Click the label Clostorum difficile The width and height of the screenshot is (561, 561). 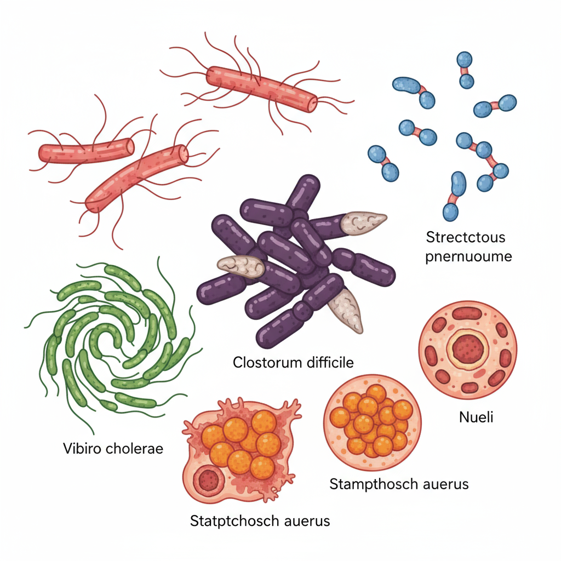pyautogui.click(x=293, y=362)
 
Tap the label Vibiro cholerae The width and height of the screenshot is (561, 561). pyautogui.click(x=113, y=449)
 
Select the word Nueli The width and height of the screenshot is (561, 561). pyautogui.click(x=476, y=417)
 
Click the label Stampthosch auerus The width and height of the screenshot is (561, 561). pyautogui.click(x=399, y=484)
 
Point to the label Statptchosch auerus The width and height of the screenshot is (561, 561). pyautogui.click(x=260, y=520)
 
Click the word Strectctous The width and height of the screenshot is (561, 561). pyautogui.click(x=465, y=238)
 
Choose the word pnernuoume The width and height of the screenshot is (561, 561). pyautogui.click(x=468, y=256)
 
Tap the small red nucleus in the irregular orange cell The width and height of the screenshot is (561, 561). pyautogui.click(x=208, y=480)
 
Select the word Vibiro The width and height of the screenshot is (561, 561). pyautogui.click(x=81, y=449)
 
